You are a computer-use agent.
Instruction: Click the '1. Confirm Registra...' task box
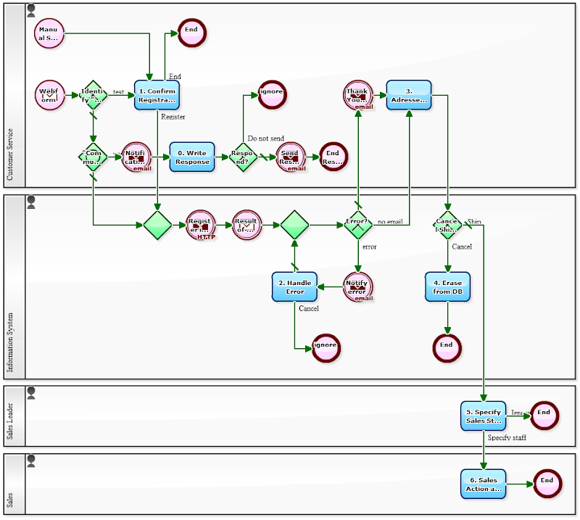click(x=157, y=96)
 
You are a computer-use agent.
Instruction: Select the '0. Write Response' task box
click(x=192, y=157)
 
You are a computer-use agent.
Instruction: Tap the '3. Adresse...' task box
click(x=409, y=95)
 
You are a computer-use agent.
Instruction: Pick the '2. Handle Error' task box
click(x=294, y=286)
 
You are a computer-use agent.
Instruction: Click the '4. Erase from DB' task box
click(x=447, y=286)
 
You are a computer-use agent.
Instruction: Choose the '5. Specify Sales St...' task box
click(x=483, y=416)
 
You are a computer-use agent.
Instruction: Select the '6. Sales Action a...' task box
click(x=483, y=484)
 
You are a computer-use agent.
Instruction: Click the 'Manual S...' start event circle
click(x=49, y=33)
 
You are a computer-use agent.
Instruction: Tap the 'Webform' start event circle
click(x=49, y=95)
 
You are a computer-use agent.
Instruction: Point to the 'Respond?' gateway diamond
click(x=243, y=157)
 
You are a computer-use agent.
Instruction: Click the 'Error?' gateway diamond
click(x=358, y=226)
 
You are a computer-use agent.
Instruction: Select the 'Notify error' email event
click(x=357, y=287)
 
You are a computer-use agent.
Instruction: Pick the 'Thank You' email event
click(x=357, y=96)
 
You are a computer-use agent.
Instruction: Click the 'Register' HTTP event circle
click(x=201, y=226)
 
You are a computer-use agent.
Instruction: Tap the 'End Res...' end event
click(x=333, y=157)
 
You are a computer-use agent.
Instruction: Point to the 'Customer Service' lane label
click(x=10, y=154)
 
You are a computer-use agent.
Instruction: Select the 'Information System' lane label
click(x=10, y=341)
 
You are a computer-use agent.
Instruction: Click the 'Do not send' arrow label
click(x=266, y=139)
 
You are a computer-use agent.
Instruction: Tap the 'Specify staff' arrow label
click(x=507, y=438)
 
